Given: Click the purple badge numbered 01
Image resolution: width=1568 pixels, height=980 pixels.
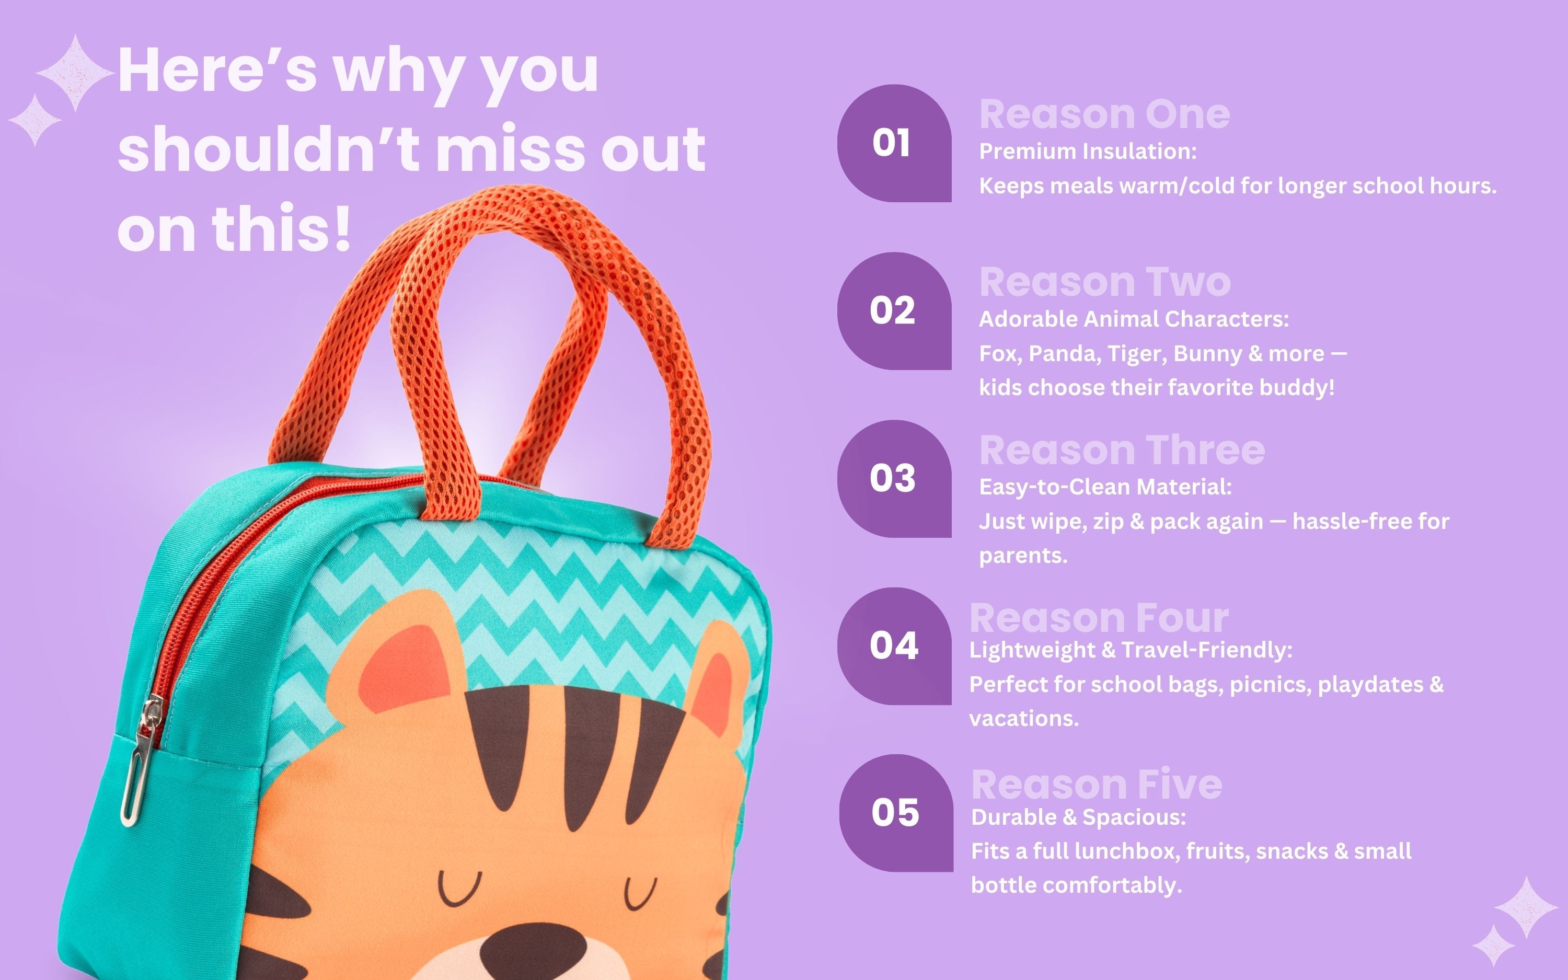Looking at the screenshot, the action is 894,143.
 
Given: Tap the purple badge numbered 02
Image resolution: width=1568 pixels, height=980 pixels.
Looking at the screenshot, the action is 894,311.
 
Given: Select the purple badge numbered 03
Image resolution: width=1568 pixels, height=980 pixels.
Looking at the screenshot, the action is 894,479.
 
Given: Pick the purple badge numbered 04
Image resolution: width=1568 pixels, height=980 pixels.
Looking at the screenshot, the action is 894,646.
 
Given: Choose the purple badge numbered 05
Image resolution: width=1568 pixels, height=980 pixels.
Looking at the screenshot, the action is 896,813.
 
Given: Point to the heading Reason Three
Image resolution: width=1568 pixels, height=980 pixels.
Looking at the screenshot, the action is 1122,451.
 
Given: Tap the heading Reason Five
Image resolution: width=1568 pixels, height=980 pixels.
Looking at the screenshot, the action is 1097,785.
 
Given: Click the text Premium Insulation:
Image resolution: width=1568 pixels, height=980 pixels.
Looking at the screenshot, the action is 1088,152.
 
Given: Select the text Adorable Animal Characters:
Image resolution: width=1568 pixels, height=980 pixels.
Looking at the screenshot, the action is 1134,319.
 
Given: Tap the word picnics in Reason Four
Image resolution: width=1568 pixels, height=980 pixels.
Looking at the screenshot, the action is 1270,685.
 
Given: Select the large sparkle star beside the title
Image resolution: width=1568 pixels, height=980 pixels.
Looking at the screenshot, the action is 75,73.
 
